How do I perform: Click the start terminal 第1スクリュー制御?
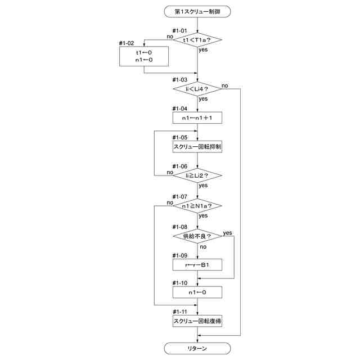tap(197, 11)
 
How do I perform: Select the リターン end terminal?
tap(197, 349)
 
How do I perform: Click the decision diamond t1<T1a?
tap(197, 40)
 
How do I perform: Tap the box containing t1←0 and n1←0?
tap(144, 56)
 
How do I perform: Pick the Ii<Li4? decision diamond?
tap(197, 89)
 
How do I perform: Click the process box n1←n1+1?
tap(197, 118)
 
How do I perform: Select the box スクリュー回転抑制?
tap(197, 147)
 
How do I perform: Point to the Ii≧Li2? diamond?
tap(197, 175)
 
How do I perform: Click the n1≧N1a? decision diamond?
tap(197, 206)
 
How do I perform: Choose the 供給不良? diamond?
tap(197, 236)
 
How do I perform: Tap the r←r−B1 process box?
tap(197, 265)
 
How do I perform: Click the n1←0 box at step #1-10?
tap(197, 292)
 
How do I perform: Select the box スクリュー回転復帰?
tap(197, 321)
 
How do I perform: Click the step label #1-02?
tap(127, 43)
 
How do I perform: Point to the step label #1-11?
tap(180, 312)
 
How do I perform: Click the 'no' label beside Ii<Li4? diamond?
tap(225, 85)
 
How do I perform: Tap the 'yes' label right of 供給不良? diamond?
tap(227, 233)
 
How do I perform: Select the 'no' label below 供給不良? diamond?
tap(203, 247)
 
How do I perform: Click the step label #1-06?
tap(180, 166)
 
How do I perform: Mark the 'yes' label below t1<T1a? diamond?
tap(203, 49)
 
